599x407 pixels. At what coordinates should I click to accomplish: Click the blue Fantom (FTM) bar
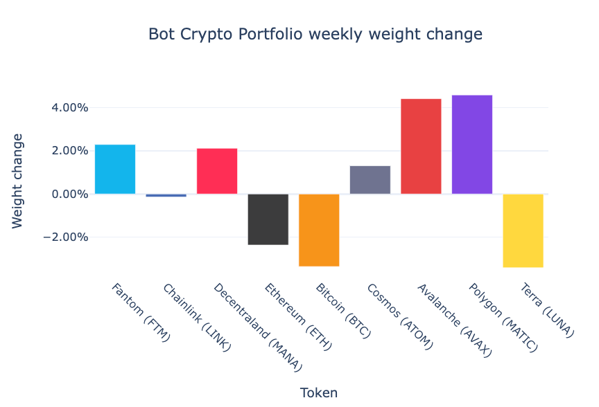click(x=115, y=169)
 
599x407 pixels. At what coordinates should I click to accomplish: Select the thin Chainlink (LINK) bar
click(x=166, y=195)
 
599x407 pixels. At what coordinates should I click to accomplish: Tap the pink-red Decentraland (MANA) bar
click(x=217, y=171)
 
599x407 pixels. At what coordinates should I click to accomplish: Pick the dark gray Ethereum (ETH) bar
click(x=268, y=219)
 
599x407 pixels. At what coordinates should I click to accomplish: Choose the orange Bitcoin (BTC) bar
click(x=319, y=230)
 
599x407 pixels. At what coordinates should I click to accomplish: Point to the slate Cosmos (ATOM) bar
click(x=370, y=180)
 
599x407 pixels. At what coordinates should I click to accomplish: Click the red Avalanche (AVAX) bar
click(x=421, y=146)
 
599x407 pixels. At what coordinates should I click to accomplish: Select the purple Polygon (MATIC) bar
click(x=472, y=144)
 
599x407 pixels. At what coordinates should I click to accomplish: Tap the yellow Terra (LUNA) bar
click(x=523, y=230)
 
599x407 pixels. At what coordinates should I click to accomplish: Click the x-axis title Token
click(x=319, y=393)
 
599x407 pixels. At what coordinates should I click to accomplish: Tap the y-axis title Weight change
click(x=18, y=181)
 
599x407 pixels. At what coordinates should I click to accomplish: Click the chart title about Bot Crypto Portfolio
click(x=315, y=34)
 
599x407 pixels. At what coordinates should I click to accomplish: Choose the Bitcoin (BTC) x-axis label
click(x=343, y=310)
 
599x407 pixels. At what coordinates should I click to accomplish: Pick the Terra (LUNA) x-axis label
click(x=548, y=309)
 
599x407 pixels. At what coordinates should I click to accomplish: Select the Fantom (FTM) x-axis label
click(x=141, y=312)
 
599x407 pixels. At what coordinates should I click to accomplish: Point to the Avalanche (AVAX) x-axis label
click(x=453, y=319)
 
